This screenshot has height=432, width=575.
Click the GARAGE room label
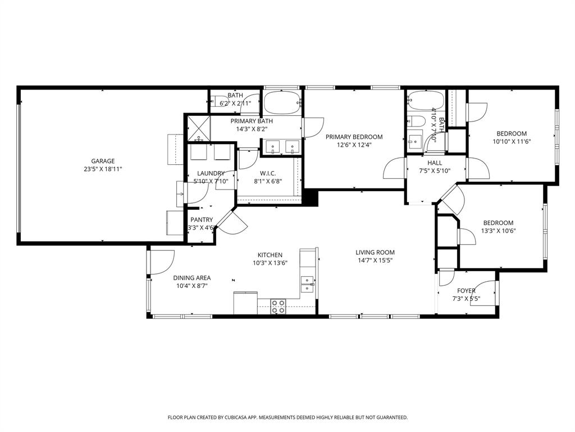[103, 161]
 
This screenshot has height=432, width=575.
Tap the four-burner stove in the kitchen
[278, 307]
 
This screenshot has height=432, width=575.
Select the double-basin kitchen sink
[307, 285]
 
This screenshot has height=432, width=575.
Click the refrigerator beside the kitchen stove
[245, 303]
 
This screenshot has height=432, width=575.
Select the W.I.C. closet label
[267, 173]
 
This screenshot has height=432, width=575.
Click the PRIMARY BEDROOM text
[354, 137]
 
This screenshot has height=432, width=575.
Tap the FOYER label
[466, 291]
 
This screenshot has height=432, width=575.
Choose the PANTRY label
[201, 220]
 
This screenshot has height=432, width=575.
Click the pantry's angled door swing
[232, 223]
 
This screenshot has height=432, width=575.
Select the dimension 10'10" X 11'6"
[511, 142]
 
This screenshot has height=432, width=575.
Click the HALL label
[435, 163]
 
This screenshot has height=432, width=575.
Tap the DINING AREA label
[191, 278]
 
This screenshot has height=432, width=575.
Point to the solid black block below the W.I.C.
[311, 197]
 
